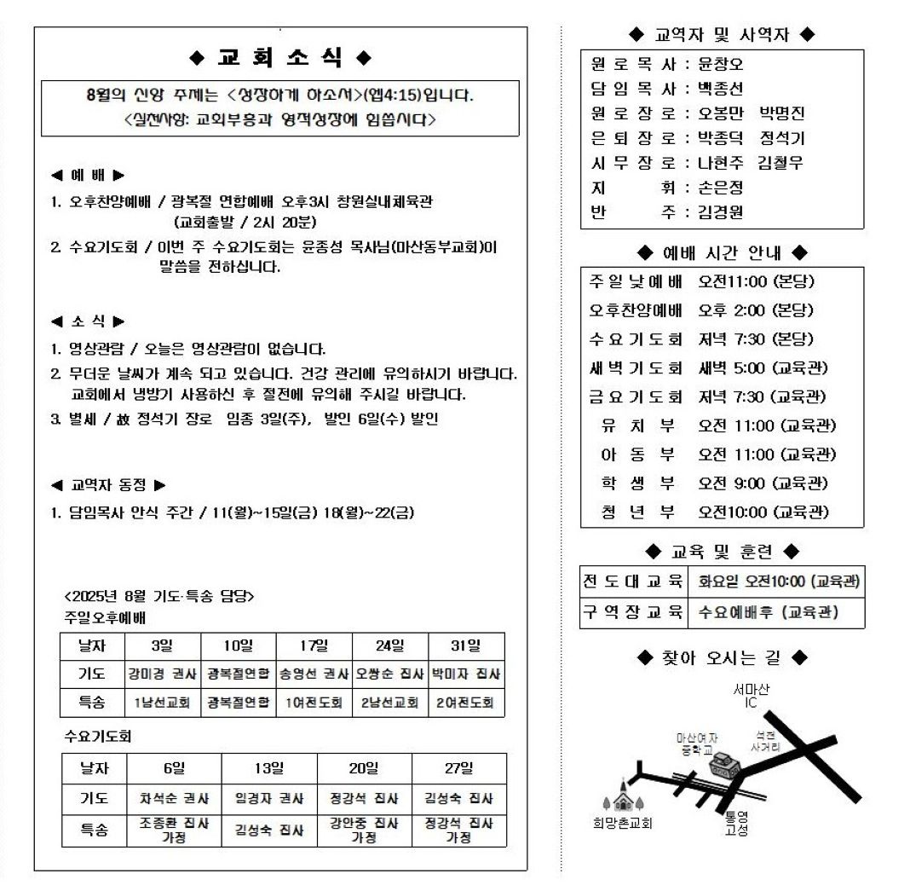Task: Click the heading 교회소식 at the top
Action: (x=281, y=58)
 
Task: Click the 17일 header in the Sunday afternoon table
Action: (x=314, y=645)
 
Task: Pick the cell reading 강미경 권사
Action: (x=162, y=674)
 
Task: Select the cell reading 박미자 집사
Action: (x=466, y=674)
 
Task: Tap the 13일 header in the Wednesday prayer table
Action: (x=269, y=768)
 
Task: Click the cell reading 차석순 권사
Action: (x=174, y=799)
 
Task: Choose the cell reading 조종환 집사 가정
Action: (x=174, y=830)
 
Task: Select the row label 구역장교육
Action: (x=633, y=611)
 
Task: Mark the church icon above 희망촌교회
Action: (x=623, y=797)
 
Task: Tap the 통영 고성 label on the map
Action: (x=735, y=822)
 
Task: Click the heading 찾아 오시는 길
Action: (x=721, y=657)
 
